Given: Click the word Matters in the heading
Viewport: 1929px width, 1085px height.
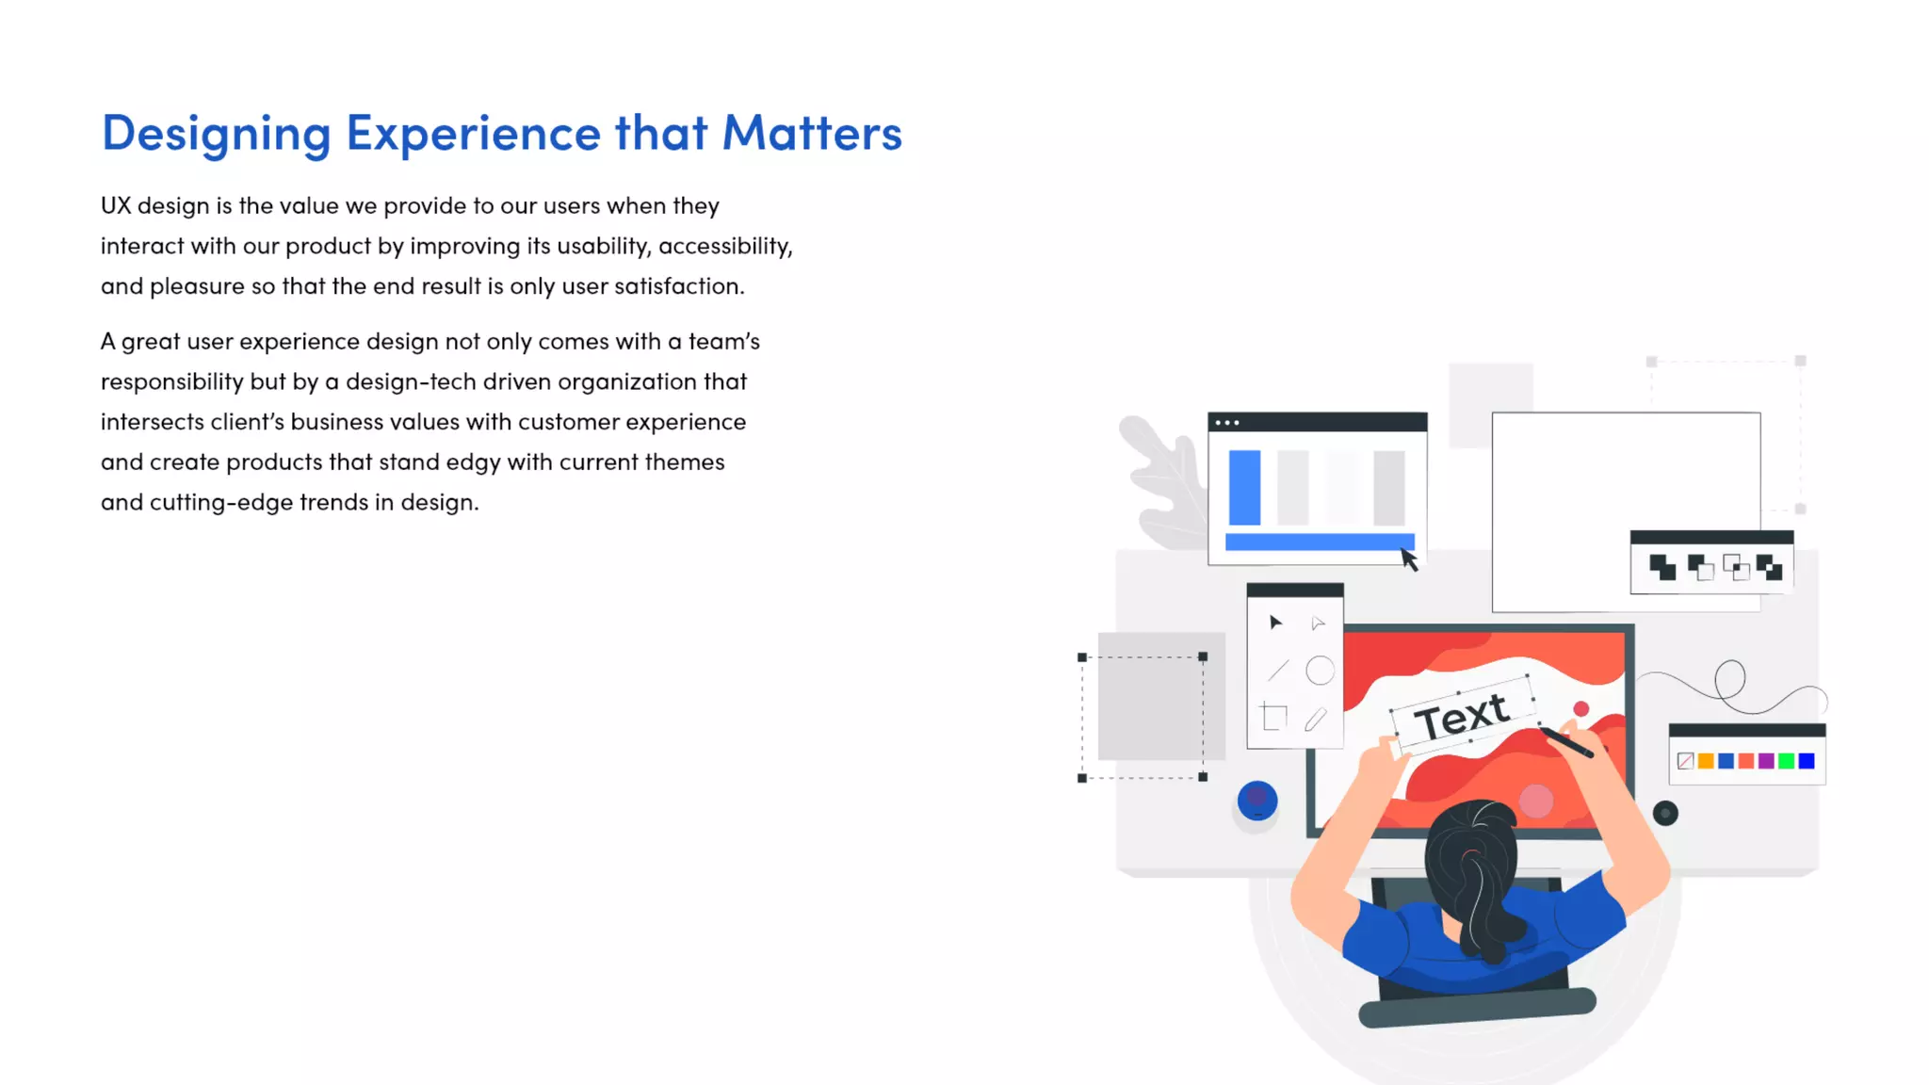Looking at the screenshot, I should click(x=812, y=133).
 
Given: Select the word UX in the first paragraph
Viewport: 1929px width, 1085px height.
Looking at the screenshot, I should click(x=116, y=205).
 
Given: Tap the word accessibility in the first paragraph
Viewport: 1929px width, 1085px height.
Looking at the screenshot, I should click(x=724, y=247).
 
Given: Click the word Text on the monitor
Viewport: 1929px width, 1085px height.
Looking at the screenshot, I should click(x=1462, y=717).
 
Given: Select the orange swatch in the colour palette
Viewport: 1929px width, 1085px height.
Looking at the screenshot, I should click(x=1706, y=761).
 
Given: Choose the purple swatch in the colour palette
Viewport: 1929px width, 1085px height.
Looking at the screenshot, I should click(x=1766, y=761).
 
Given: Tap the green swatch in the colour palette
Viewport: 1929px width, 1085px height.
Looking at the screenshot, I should click(x=1786, y=761).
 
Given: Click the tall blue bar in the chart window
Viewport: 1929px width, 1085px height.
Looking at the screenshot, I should click(x=1244, y=487).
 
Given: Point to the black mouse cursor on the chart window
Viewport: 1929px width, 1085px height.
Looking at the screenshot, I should click(x=1408, y=559).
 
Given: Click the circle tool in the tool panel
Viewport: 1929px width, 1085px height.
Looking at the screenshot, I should click(x=1320, y=671).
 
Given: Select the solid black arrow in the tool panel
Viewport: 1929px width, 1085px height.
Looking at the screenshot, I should click(x=1275, y=623).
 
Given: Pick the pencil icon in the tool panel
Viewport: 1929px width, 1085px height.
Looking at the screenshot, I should click(x=1316, y=720).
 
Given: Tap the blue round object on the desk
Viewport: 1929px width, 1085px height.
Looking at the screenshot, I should click(x=1256, y=802).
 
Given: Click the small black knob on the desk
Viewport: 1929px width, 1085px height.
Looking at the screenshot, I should click(x=1665, y=813).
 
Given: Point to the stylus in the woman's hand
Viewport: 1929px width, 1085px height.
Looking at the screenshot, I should click(x=1569, y=743).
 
